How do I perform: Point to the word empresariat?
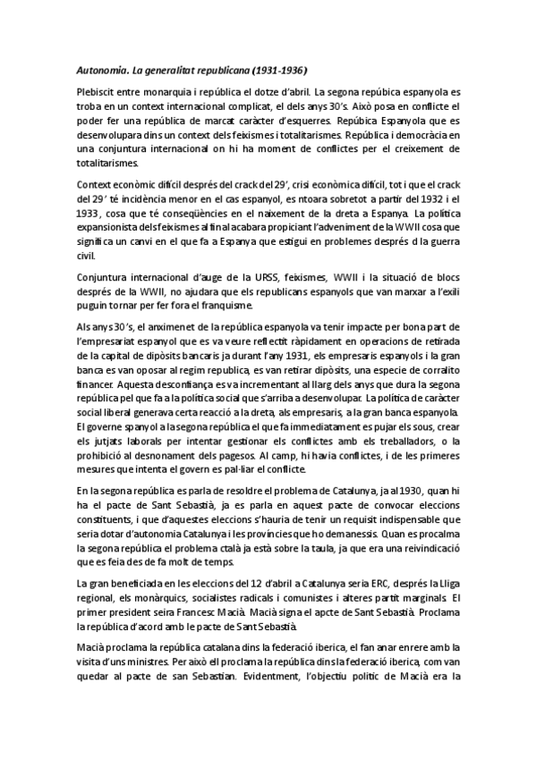pos(111,341)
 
